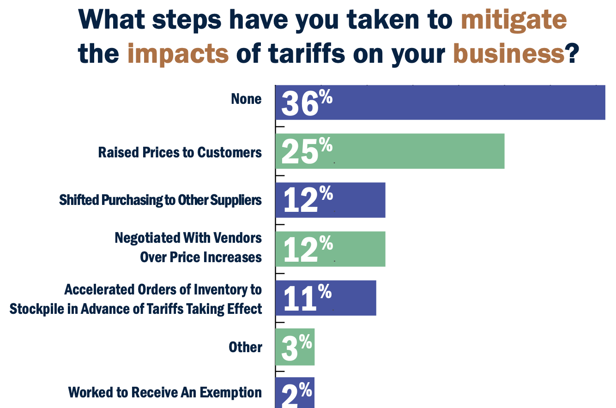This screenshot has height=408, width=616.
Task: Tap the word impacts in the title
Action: pyautogui.click(x=178, y=54)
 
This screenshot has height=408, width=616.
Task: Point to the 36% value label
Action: pyautogui.click(x=306, y=102)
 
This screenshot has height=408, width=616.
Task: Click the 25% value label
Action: pyautogui.click(x=306, y=151)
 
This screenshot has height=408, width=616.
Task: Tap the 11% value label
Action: pyautogui.click(x=306, y=298)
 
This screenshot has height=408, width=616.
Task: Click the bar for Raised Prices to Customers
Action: pyautogui.click(x=416, y=151)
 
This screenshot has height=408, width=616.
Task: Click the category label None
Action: pyautogui.click(x=247, y=99)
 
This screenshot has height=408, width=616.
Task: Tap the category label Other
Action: pyautogui.click(x=245, y=347)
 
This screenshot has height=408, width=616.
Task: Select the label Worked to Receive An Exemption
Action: pyautogui.click(x=165, y=392)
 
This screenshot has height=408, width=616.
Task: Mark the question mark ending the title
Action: pyautogui.click(x=573, y=54)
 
